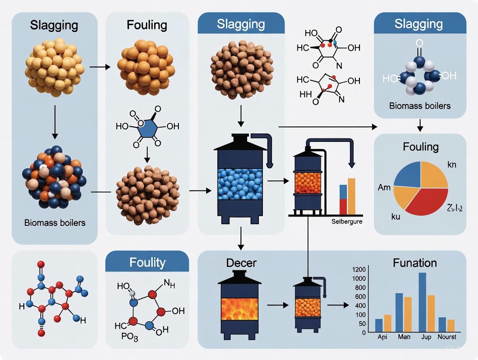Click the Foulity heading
(x=147, y=262)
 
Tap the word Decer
(x=241, y=262)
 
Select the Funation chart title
(x=415, y=263)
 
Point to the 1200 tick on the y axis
(x=359, y=269)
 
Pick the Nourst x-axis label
(x=447, y=337)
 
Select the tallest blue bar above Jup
(x=422, y=302)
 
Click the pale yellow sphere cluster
(x=55, y=66)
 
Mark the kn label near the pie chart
(x=452, y=164)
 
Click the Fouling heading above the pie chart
(x=420, y=147)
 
